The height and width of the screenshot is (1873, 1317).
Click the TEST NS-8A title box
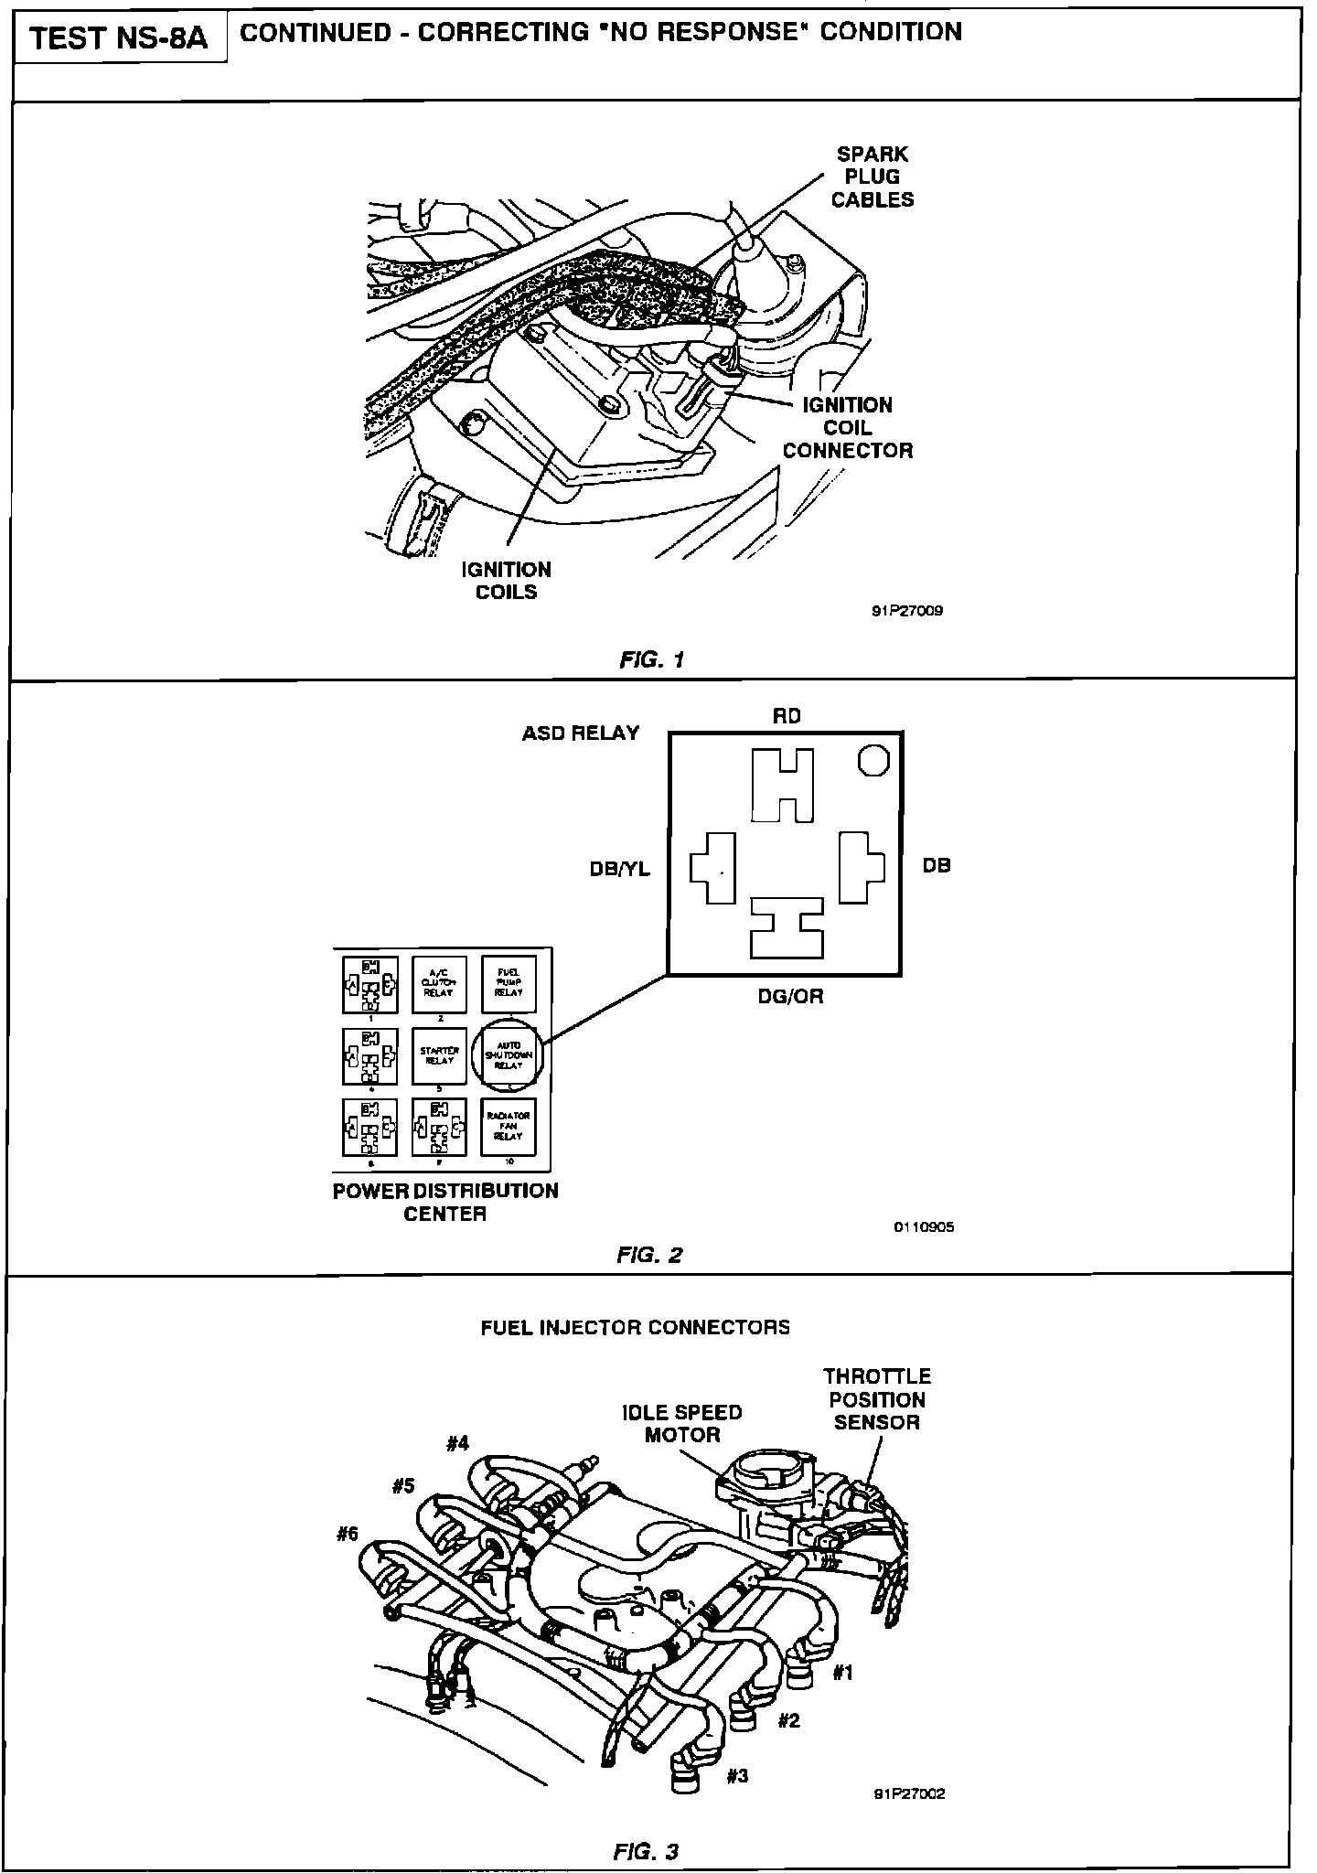(x=120, y=39)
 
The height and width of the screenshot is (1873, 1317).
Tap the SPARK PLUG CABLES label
(x=873, y=177)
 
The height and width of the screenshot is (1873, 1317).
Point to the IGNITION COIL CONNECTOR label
(x=848, y=428)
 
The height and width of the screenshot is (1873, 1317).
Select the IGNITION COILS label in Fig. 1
(x=506, y=581)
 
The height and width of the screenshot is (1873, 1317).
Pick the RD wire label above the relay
(x=787, y=716)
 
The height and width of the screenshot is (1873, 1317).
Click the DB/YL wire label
(x=620, y=870)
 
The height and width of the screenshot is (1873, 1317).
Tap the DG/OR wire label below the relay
(x=790, y=997)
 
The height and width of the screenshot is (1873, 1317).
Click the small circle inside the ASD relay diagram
(x=873, y=760)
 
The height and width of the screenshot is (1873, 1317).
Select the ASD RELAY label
(x=581, y=733)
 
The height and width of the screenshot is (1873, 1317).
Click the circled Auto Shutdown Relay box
(x=509, y=1054)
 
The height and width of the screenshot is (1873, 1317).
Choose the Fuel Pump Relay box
(x=509, y=984)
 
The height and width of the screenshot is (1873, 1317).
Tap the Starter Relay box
(x=440, y=1054)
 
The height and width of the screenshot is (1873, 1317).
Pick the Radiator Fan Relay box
(x=509, y=1126)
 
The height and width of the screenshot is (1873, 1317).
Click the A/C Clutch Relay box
(x=440, y=984)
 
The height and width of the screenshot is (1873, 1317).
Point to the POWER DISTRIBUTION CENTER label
(x=445, y=1203)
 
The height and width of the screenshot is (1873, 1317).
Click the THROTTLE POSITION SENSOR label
(x=876, y=1399)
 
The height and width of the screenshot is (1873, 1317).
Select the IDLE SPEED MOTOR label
(x=682, y=1423)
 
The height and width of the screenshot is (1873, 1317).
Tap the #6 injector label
(x=347, y=1535)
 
